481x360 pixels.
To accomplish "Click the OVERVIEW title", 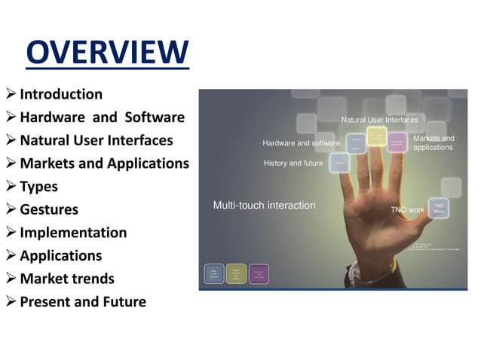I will (x=107, y=53).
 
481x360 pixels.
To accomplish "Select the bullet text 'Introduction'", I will (x=61, y=94).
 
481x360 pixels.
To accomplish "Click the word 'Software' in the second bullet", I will (x=155, y=117).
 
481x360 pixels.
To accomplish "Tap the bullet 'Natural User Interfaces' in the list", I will (x=97, y=140).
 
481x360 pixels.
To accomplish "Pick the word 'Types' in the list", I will (x=38, y=186).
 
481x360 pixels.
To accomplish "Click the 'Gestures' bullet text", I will (x=49, y=209).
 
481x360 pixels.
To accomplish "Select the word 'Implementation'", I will (x=73, y=233).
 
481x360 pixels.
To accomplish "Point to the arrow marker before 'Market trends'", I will (x=11, y=279).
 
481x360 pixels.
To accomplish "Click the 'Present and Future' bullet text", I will (x=83, y=302).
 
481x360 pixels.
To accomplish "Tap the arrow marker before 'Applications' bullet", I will (x=11, y=255).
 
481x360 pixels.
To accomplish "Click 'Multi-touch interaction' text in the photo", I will (x=264, y=206).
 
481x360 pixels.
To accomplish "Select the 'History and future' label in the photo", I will (x=293, y=163).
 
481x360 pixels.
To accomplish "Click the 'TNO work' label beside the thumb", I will (x=407, y=210).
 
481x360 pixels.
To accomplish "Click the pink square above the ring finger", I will (x=397, y=142).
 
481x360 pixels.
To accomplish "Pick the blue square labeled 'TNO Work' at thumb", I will (x=439, y=209).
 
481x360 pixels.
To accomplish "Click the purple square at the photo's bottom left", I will (x=259, y=273).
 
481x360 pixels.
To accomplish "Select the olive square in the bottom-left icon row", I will (x=236, y=273).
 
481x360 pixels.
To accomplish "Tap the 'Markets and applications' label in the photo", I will (x=434, y=143).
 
